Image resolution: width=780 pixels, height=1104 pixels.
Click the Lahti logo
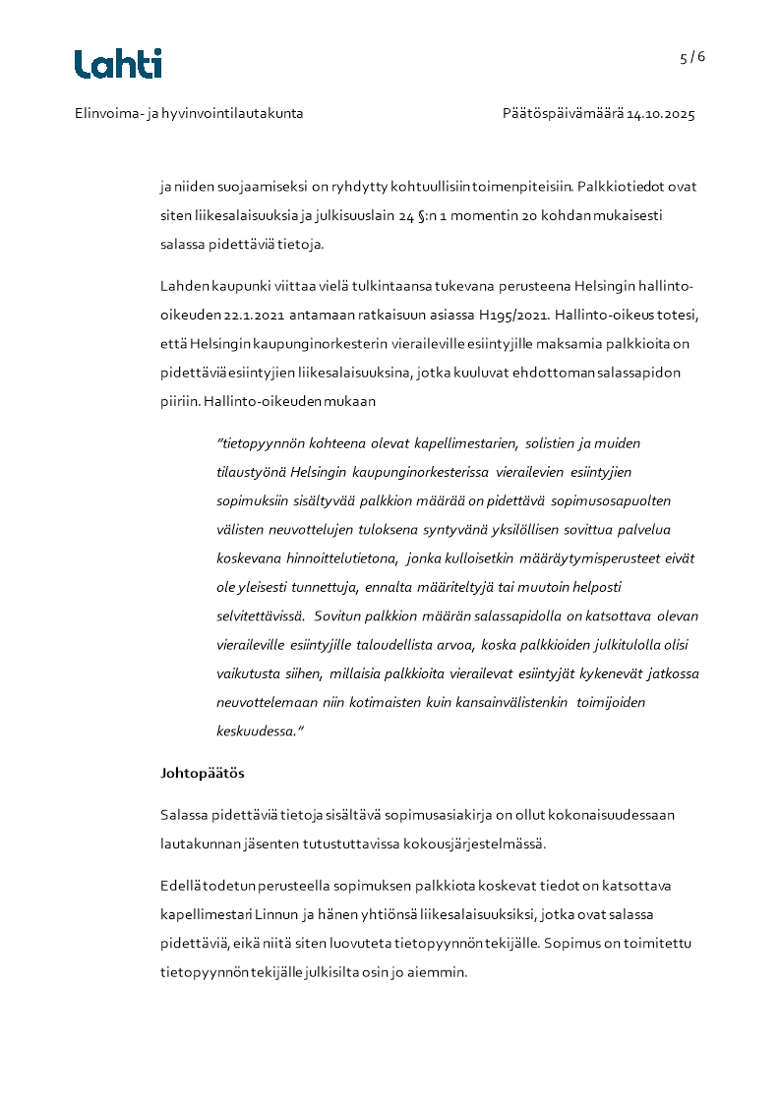[118, 64]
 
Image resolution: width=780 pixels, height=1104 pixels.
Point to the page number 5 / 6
[692, 57]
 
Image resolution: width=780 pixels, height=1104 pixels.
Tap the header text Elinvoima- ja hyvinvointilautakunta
[189, 114]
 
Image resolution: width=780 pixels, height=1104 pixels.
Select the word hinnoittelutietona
[334, 558]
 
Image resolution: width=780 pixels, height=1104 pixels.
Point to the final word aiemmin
[440, 972]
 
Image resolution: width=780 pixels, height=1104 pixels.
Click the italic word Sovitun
[339, 616]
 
